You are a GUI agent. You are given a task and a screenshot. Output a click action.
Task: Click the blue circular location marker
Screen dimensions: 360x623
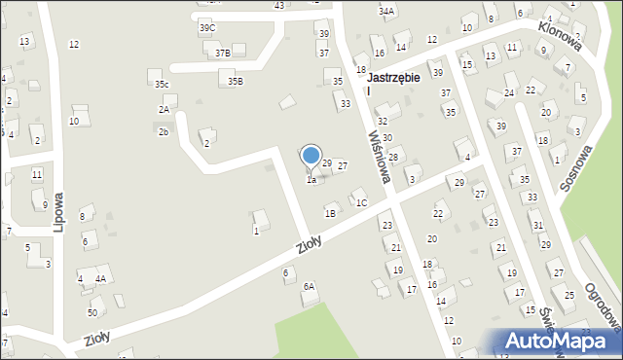tap(311, 156)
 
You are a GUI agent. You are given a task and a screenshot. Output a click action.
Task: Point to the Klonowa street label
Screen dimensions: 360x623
tap(555, 39)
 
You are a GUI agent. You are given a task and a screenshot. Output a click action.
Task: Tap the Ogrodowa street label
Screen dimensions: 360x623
tap(603, 306)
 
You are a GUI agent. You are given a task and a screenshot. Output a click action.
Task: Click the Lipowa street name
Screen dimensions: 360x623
tap(58, 208)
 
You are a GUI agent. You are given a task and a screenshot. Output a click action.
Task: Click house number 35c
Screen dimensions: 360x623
tap(162, 85)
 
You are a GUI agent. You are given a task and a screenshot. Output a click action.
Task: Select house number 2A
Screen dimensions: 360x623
tap(164, 110)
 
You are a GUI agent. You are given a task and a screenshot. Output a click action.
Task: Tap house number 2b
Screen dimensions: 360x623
tap(164, 131)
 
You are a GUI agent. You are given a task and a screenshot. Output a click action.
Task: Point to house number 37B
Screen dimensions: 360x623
tap(223, 54)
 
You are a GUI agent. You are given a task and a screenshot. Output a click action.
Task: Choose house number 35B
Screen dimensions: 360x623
tap(235, 82)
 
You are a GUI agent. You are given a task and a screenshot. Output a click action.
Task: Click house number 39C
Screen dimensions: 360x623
tap(207, 28)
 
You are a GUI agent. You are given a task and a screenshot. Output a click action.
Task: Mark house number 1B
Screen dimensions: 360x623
tap(331, 213)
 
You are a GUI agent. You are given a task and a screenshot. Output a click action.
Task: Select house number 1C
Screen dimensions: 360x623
tap(361, 203)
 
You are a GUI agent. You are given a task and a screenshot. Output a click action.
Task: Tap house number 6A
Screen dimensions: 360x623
tap(309, 286)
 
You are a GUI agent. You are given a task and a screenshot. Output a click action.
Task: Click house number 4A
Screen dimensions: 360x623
tap(99, 278)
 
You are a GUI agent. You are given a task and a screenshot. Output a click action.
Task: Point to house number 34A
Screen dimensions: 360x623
tap(386, 12)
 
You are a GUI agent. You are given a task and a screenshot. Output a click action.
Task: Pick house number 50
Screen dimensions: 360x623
tap(92, 312)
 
